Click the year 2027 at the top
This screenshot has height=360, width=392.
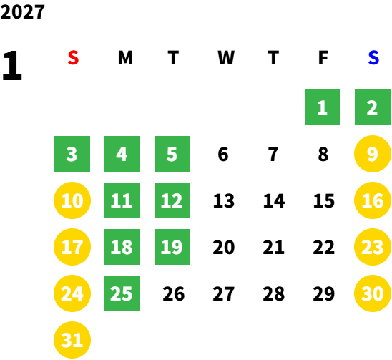click(22, 11)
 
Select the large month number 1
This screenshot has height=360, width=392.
click(12, 65)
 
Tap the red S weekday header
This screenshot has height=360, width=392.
click(73, 58)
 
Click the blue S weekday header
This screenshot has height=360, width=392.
click(373, 58)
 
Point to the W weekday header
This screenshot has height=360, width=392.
click(226, 58)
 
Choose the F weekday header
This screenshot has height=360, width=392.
click(323, 58)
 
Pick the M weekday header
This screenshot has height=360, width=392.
click(125, 58)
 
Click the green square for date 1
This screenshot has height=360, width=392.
click(323, 107)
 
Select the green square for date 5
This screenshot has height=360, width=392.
click(172, 154)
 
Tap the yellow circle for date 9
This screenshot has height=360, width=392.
click(373, 154)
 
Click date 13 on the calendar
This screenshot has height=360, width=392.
click(224, 200)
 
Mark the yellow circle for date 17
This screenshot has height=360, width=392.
click(72, 247)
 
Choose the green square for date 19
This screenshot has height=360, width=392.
click(172, 247)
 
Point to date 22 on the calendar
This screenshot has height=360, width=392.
click(324, 247)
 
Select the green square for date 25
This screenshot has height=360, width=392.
click(122, 293)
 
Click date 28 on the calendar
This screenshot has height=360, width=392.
click(274, 293)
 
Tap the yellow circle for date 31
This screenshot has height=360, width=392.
click(72, 340)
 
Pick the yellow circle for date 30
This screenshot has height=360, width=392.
click(373, 293)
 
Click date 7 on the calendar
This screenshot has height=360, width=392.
click(273, 154)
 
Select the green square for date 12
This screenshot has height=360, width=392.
click(172, 200)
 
